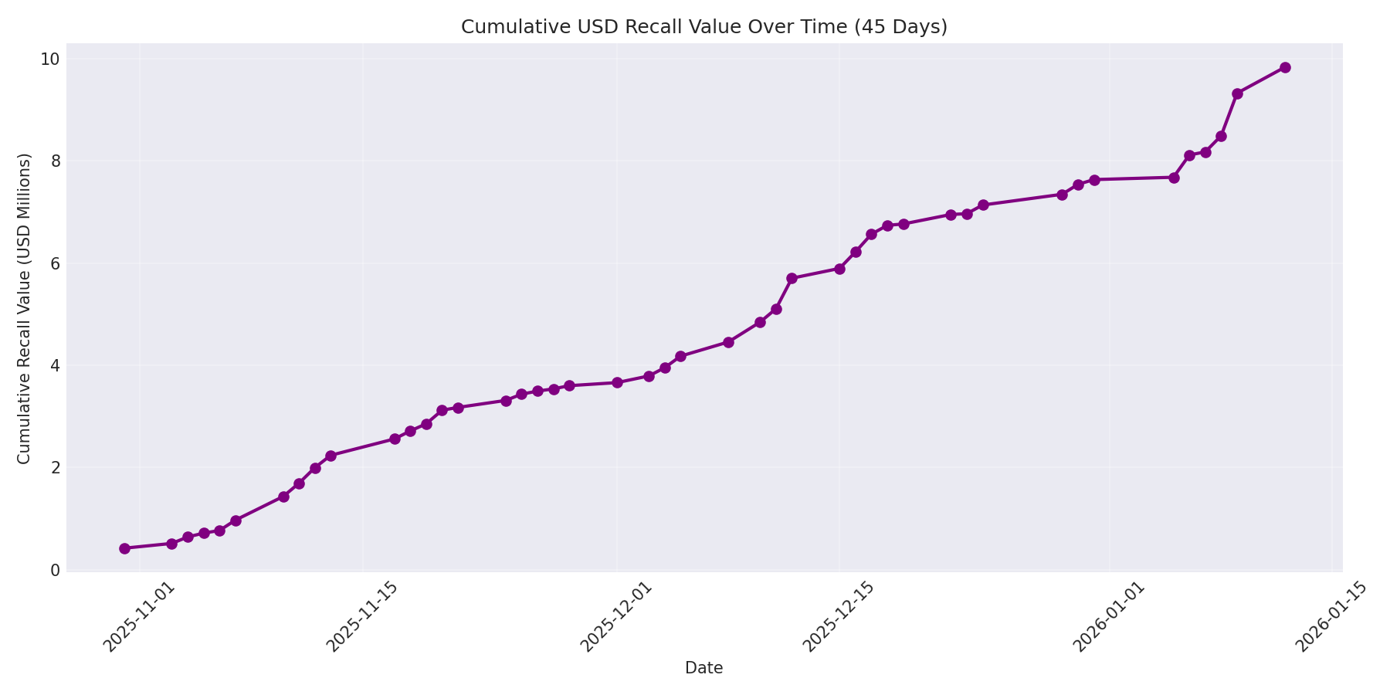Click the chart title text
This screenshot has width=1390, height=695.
[703, 27]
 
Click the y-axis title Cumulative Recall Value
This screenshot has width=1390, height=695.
[24, 308]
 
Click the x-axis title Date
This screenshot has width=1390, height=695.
[703, 668]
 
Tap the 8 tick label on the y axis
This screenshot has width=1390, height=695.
[55, 161]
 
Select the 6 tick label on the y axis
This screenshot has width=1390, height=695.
[55, 263]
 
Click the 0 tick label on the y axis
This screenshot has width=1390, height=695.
[55, 570]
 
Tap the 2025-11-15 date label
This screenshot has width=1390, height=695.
[363, 618]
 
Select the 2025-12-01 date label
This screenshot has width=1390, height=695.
[617, 618]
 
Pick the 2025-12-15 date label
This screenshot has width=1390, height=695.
[839, 618]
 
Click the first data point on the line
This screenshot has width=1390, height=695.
[124, 548]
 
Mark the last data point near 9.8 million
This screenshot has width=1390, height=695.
[1285, 67]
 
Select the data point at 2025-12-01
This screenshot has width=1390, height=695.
[617, 382]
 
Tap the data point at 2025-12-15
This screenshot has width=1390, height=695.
[839, 269]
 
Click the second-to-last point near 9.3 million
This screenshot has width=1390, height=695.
[1237, 93]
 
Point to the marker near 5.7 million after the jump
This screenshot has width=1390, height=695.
[792, 278]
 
